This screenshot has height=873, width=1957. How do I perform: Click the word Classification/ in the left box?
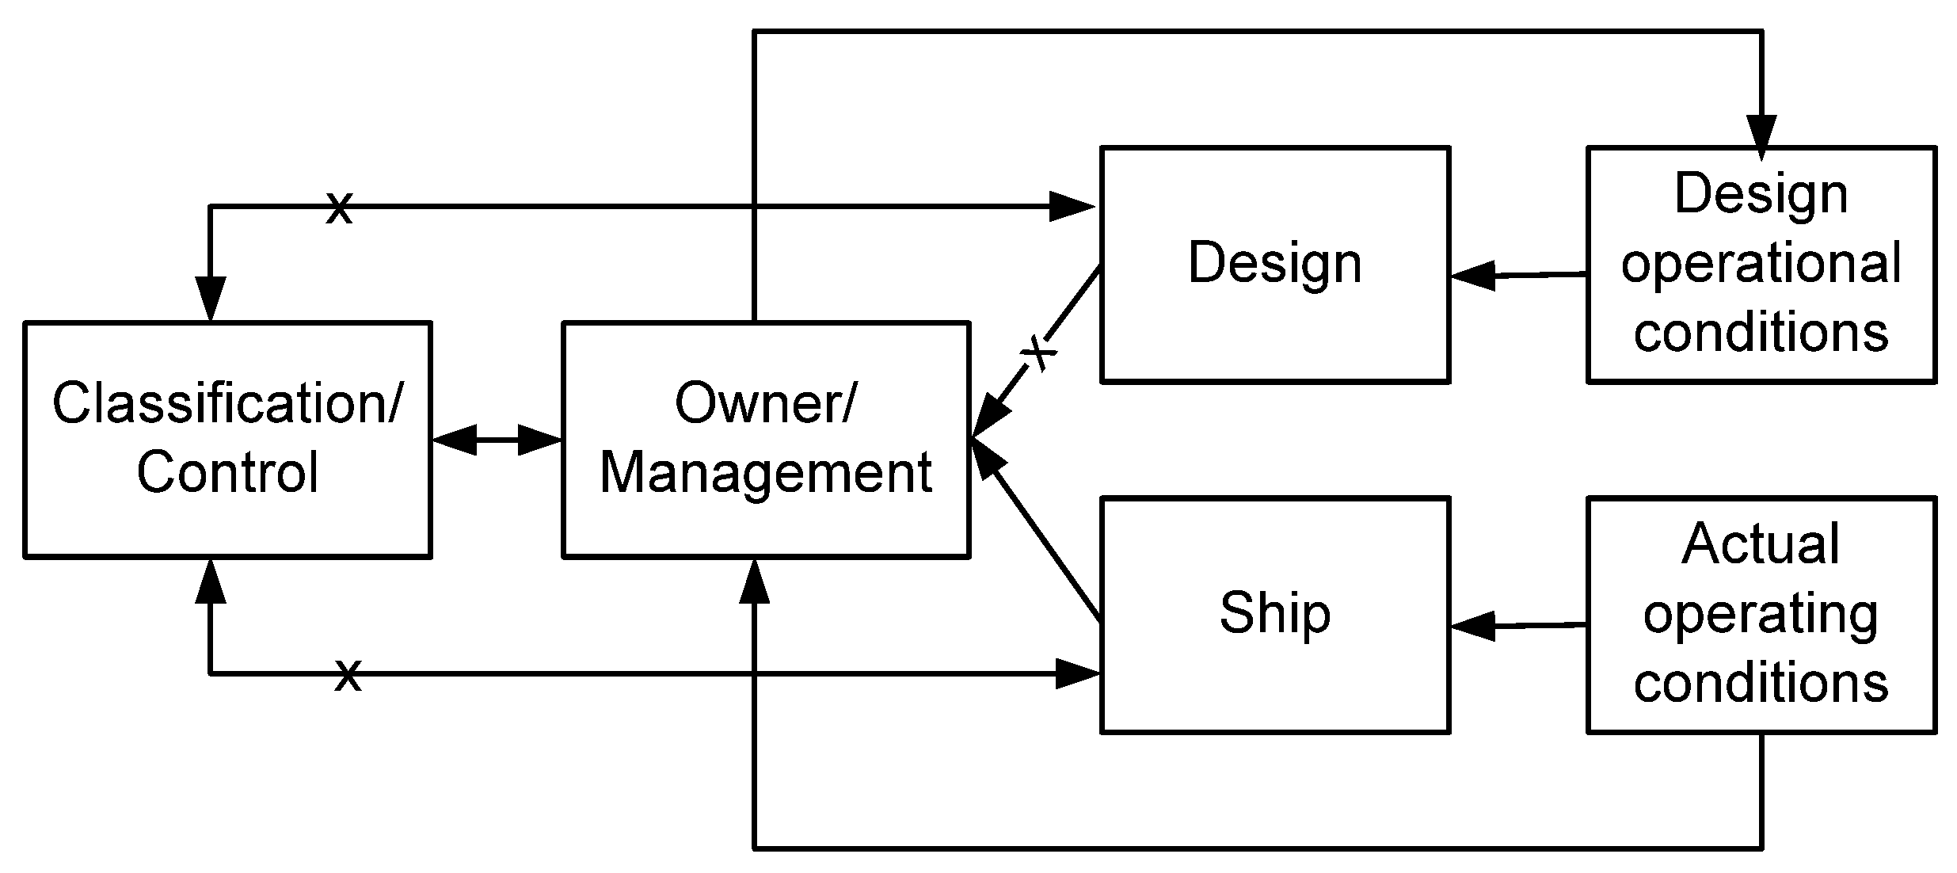[x=227, y=404]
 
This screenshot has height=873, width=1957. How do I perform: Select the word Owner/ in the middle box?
[x=765, y=404]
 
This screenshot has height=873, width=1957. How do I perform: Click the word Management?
[x=765, y=473]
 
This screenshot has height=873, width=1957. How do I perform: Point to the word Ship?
[x=1274, y=613]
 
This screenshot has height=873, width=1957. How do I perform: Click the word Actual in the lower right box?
[x=1761, y=545]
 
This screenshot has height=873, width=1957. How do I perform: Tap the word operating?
[x=1761, y=615]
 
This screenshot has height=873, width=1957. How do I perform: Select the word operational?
[x=1761, y=264]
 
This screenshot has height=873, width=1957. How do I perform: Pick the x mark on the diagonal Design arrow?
[x=1039, y=353]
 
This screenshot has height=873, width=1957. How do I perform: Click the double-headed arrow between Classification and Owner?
[x=497, y=440]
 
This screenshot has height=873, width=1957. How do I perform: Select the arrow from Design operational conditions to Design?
[x=1518, y=276]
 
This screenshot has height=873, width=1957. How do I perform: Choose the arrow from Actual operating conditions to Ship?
[x=1518, y=626]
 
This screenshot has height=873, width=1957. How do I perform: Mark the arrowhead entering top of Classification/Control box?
[x=210, y=299]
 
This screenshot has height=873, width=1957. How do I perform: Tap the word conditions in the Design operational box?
[x=1761, y=333]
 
